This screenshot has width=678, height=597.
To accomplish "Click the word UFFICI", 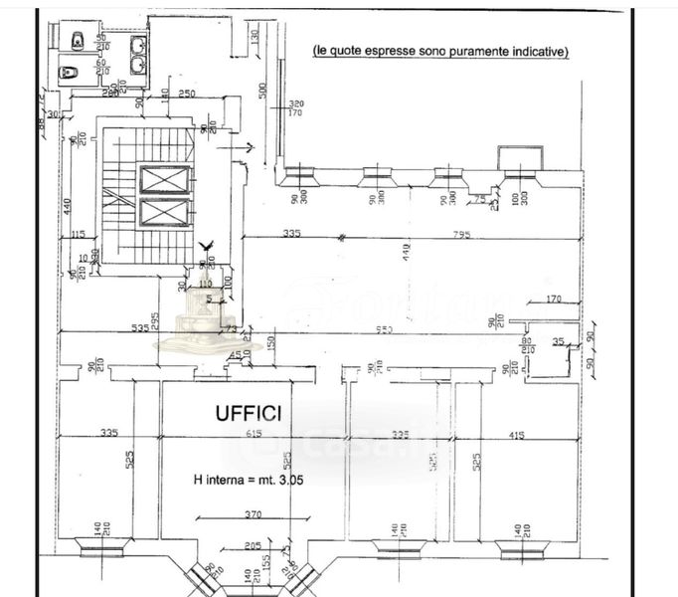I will click(249, 411).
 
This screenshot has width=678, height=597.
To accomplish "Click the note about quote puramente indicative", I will click(440, 50).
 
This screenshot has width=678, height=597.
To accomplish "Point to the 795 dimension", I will click(459, 234).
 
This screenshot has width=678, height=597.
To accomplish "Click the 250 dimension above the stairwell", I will click(186, 94).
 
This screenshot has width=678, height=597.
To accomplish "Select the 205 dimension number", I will click(252, 545).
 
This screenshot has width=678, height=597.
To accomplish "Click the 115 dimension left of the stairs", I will click(80, 234).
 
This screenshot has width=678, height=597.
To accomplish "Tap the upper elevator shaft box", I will click(164, 180).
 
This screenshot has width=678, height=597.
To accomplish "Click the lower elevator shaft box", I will click(164, 212).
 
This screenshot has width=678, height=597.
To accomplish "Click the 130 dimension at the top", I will click(255, 38).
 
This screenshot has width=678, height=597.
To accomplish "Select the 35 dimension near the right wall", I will click(557, 341).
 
